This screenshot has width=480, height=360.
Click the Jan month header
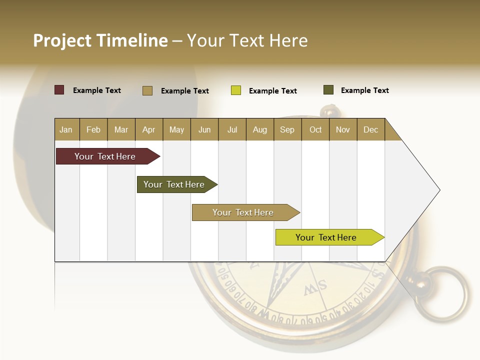point(66,129)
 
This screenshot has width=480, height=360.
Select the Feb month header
point(93,129)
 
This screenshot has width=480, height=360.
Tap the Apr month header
point(148,129)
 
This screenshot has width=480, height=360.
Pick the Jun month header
point(204,129)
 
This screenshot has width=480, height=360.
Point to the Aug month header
point(259,129)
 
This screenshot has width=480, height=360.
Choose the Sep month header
point(287,129)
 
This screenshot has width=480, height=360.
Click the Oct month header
point(315,129)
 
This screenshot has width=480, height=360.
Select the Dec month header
point(370,129)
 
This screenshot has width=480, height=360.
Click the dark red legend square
point(59,90)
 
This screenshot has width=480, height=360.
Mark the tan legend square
point(147,90)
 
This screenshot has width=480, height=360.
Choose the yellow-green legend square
point(236,90)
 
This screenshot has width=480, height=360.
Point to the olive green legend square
point(328,90)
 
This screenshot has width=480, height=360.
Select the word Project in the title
point(63,40)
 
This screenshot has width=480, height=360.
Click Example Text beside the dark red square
point(97,90)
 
